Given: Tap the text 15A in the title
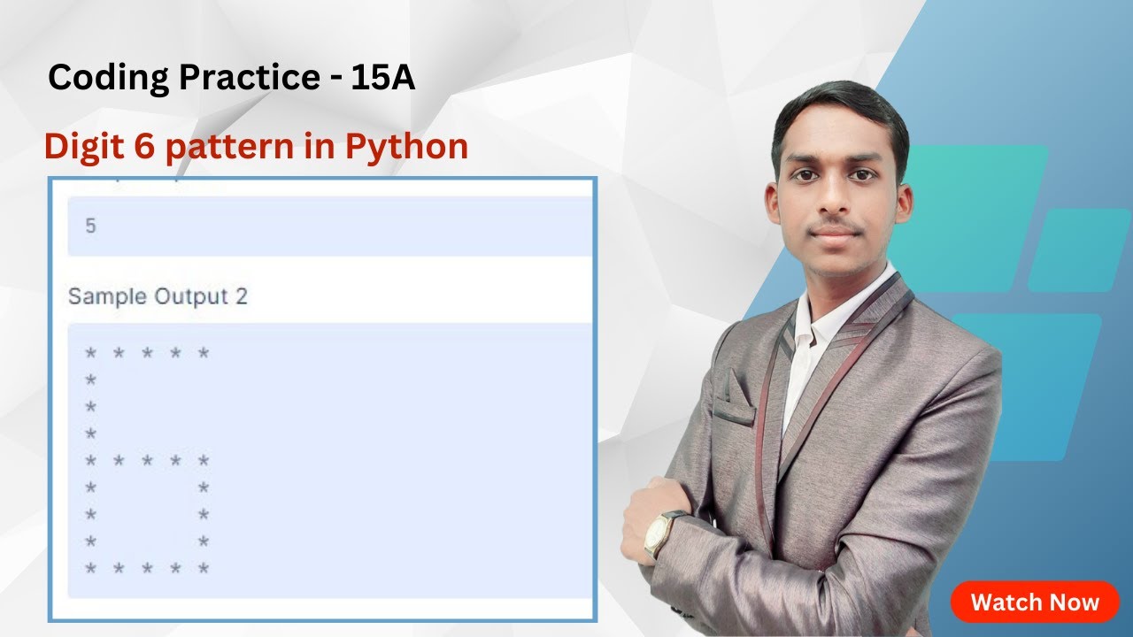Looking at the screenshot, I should [x=382, y=79].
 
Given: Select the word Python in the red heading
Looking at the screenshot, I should [x=406, y=147].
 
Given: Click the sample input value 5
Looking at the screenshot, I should [x=90, y=226].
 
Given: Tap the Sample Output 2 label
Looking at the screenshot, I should [x=158, y=296].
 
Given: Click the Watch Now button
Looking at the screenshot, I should [x=1034, y=602].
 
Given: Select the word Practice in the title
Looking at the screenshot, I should [x=249, y=79].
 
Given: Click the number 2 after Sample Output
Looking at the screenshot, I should [x=241, y=296].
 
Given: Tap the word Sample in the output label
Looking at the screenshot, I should [x=106, y=296].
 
